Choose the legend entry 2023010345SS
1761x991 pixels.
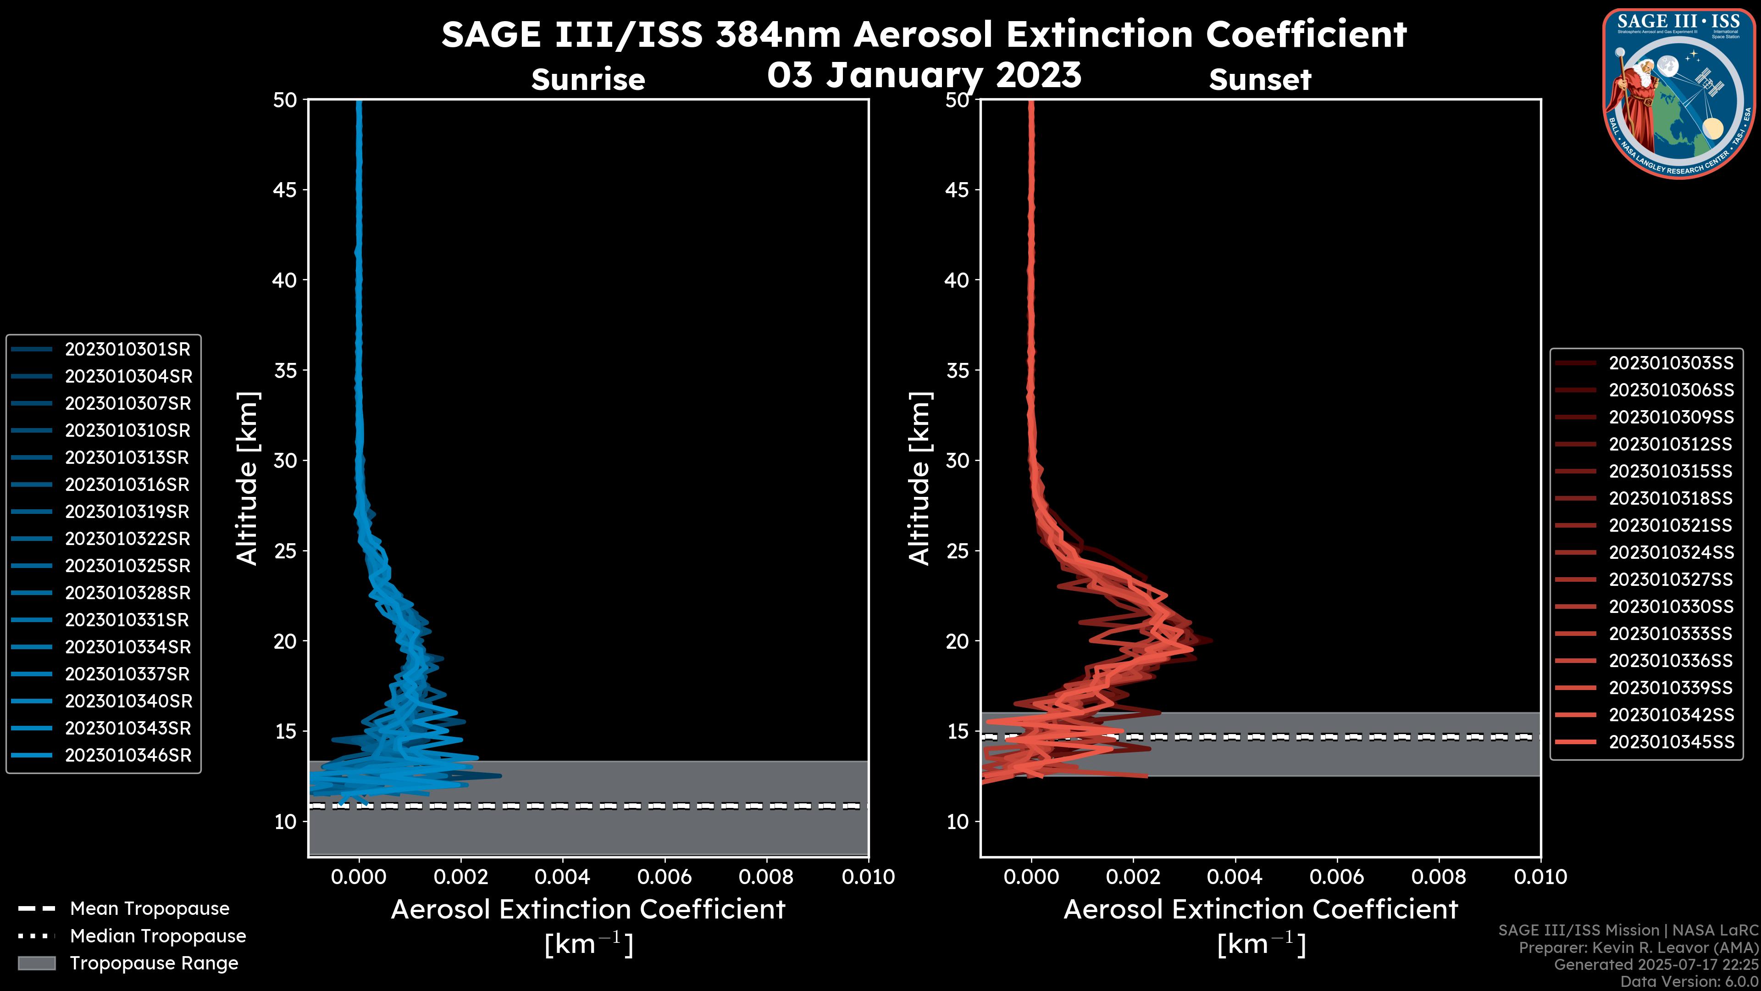1671,742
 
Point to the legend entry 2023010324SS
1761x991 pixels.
1671,552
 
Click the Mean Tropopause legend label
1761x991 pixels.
150,909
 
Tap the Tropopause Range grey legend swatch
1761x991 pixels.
36,963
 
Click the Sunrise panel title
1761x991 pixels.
588,80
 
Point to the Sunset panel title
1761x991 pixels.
1260,80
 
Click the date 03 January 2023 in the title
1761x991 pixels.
924,75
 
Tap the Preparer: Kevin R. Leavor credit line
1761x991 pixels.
1638,948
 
